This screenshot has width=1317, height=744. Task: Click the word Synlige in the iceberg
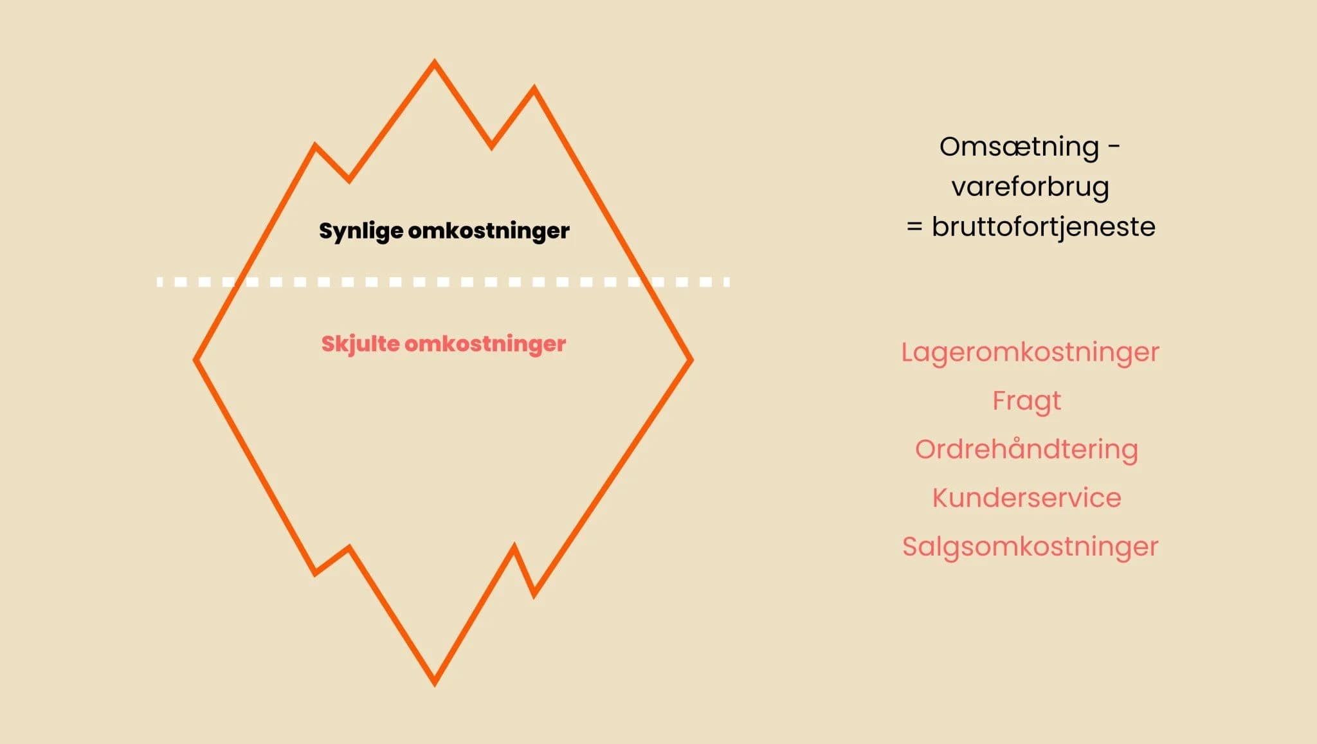tap(361, 231)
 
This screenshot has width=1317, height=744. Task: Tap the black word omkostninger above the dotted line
tap(489, 230)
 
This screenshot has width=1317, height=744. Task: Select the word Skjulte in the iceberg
tap(360, 344)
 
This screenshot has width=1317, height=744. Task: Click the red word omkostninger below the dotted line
tap(485, 343)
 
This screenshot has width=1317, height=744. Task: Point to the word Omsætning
tap(1019, 147)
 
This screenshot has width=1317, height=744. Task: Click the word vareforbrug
tap(1030, 186)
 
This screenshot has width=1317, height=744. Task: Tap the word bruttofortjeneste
tap(1043, 226)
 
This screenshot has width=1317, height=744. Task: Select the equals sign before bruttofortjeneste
tap(914, 227)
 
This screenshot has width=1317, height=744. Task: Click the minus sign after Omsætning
tap(1114, 147)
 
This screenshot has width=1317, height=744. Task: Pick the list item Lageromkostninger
tap(1030, 352)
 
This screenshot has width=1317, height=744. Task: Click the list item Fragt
tap(1026, 401)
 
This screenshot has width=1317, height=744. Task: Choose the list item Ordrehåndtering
tap(1026, 449)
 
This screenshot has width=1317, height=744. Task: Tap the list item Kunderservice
tap(1026, 498)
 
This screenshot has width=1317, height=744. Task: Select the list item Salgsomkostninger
tap(1030, 547)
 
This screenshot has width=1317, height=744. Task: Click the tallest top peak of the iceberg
tap(434, 63)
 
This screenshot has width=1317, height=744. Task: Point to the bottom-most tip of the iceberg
tap(434, 683)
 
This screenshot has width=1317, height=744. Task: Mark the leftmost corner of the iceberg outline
tap(196, 359)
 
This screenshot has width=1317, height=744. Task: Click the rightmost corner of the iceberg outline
tap(691, 359)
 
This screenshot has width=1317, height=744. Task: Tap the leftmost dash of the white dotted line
tap(160, 282)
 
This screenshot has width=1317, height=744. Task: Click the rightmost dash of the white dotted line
tap(727, 282)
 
